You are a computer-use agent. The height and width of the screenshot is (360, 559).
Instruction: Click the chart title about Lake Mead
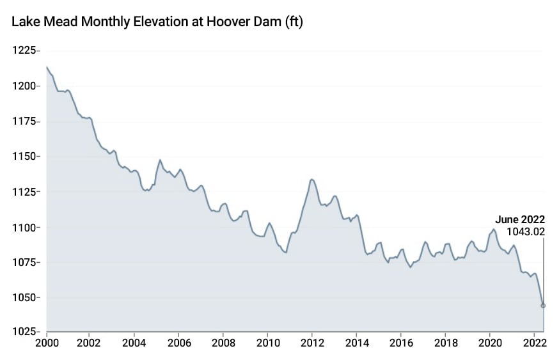tap(157, 22)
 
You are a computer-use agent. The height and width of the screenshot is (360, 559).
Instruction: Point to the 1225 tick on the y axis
tap(24, 51)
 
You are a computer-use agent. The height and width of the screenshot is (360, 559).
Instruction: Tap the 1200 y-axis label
tap(24, 86)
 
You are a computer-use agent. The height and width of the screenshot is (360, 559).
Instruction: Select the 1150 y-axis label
tap(24, 157)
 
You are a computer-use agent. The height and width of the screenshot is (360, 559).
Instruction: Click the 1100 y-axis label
tap(24, 227)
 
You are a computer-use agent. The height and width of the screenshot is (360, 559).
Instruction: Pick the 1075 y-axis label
tap(24, 262)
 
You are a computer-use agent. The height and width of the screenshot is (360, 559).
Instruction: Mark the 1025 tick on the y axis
tap(24, 332)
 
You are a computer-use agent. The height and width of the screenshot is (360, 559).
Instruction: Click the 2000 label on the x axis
tap(47, 343)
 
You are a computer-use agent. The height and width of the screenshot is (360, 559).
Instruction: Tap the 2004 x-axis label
tap(134, 343)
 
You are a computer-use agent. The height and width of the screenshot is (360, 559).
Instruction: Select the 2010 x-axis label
tap(267, 343)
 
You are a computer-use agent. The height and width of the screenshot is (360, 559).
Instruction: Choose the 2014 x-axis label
tap(356, 343)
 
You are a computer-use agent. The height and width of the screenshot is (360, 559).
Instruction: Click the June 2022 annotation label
tap(520, 219)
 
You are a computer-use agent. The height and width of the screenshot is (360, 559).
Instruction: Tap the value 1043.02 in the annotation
tap(525, 231)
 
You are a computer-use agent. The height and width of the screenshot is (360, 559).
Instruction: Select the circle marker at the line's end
tap(544, 306)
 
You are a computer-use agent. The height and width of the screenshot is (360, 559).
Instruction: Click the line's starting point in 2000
tap(47, 67)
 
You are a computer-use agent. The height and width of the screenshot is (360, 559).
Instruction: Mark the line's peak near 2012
tap(311, 179)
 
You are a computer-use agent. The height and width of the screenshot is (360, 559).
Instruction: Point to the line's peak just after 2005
tap(160, 160)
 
